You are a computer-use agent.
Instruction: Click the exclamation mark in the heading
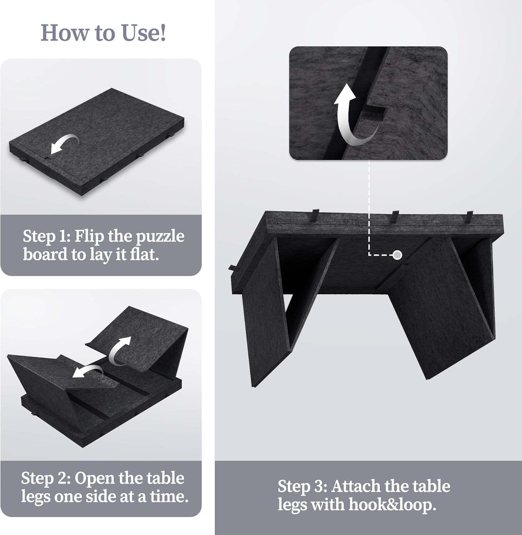coord(163,33)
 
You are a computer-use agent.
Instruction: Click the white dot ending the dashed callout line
coord(397,255)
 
